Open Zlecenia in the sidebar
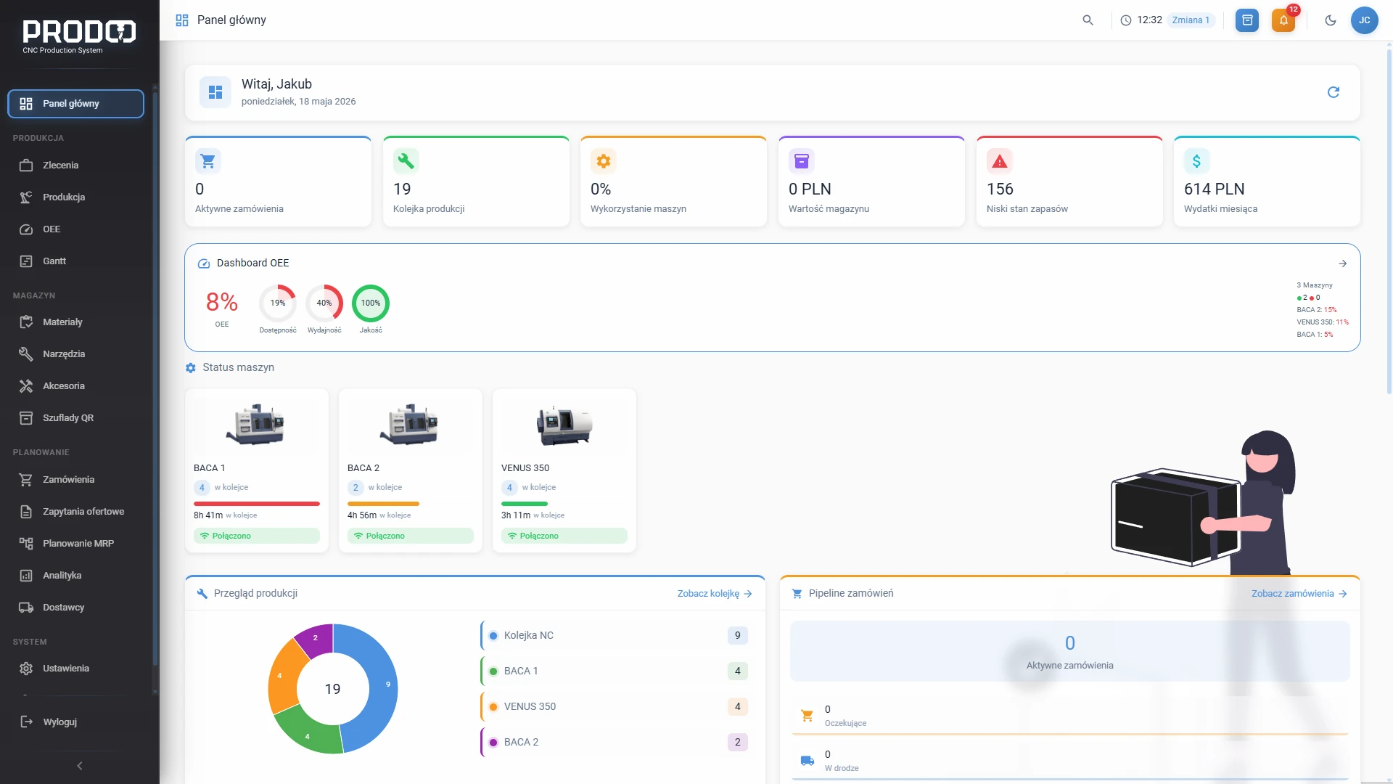point(60,166)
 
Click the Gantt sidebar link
point(54,261)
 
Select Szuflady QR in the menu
point(67,418)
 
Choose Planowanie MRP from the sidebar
point(78,544)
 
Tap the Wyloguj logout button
point(59,722)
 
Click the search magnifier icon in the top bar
point(1088,20)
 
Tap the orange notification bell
point(1283,20)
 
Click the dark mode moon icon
point(1330,20)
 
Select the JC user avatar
point(1364,20)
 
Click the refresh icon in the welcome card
point(1334,92)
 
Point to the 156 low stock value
point(1000,189)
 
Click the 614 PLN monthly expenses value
point(1214,189)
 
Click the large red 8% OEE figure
point(222,301)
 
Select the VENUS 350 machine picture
point(564,425)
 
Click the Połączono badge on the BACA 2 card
point(411,536)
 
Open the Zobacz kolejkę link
point(715,594)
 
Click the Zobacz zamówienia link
point(1299,594)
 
